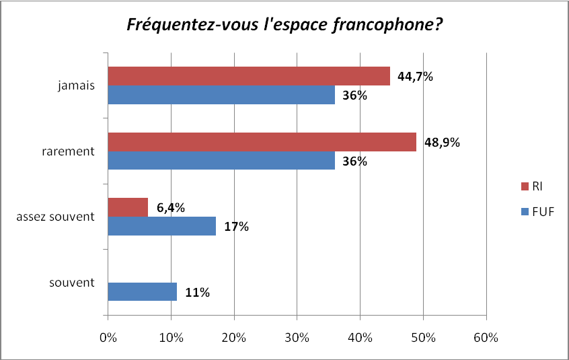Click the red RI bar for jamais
(249, 76)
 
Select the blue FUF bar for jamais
(221, 95)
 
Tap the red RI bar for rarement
(262, 142)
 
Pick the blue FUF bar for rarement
(221, 161)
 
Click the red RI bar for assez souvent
(128, 207)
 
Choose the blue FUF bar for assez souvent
(161, 226)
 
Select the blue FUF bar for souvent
(142, 292)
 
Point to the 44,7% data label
(415, 77)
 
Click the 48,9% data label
(441, 143)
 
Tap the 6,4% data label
(171, 208)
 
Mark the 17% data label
(236, 227)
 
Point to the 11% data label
(197, 293)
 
